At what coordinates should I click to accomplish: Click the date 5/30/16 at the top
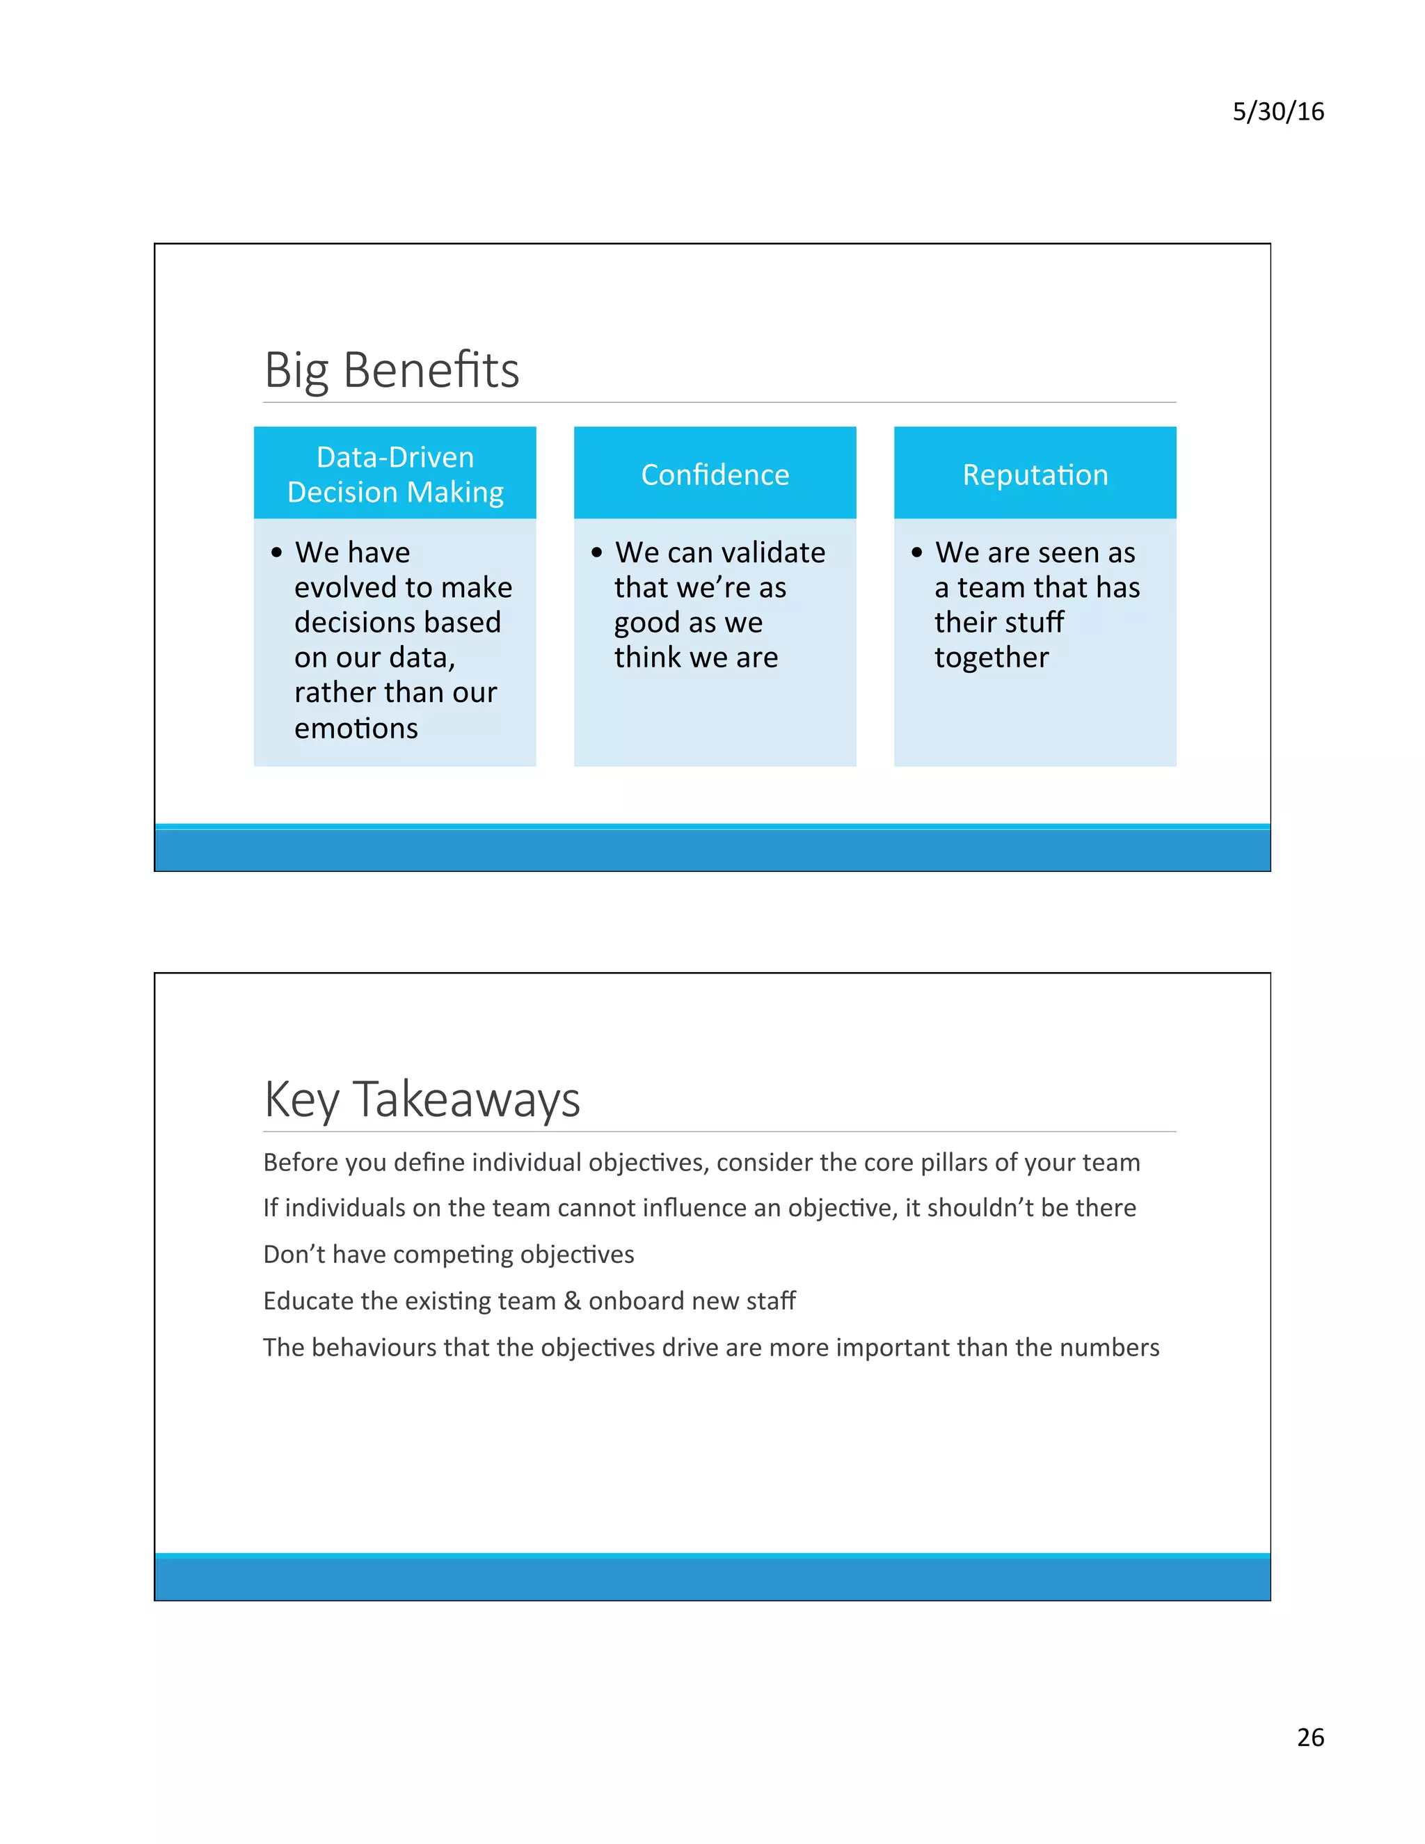click(1277, 111)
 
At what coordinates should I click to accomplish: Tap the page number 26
click(1310, 1737)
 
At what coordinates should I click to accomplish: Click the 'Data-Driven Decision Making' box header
click(395, 474)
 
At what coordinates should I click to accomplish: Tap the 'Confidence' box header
click(715, 475)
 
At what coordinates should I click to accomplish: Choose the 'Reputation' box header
click(1035, 475)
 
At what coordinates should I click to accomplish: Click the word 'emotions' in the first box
click(356, 728)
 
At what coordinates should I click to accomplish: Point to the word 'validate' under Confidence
click(773, 553)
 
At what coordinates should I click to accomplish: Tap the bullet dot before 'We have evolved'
click(276, 553)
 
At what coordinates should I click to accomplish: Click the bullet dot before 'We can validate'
click(597, 553)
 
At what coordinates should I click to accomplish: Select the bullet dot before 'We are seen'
click(917, 553)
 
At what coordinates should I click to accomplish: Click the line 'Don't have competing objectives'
click(448, 1254)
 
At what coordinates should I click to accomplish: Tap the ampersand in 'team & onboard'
click(573, 1301)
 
